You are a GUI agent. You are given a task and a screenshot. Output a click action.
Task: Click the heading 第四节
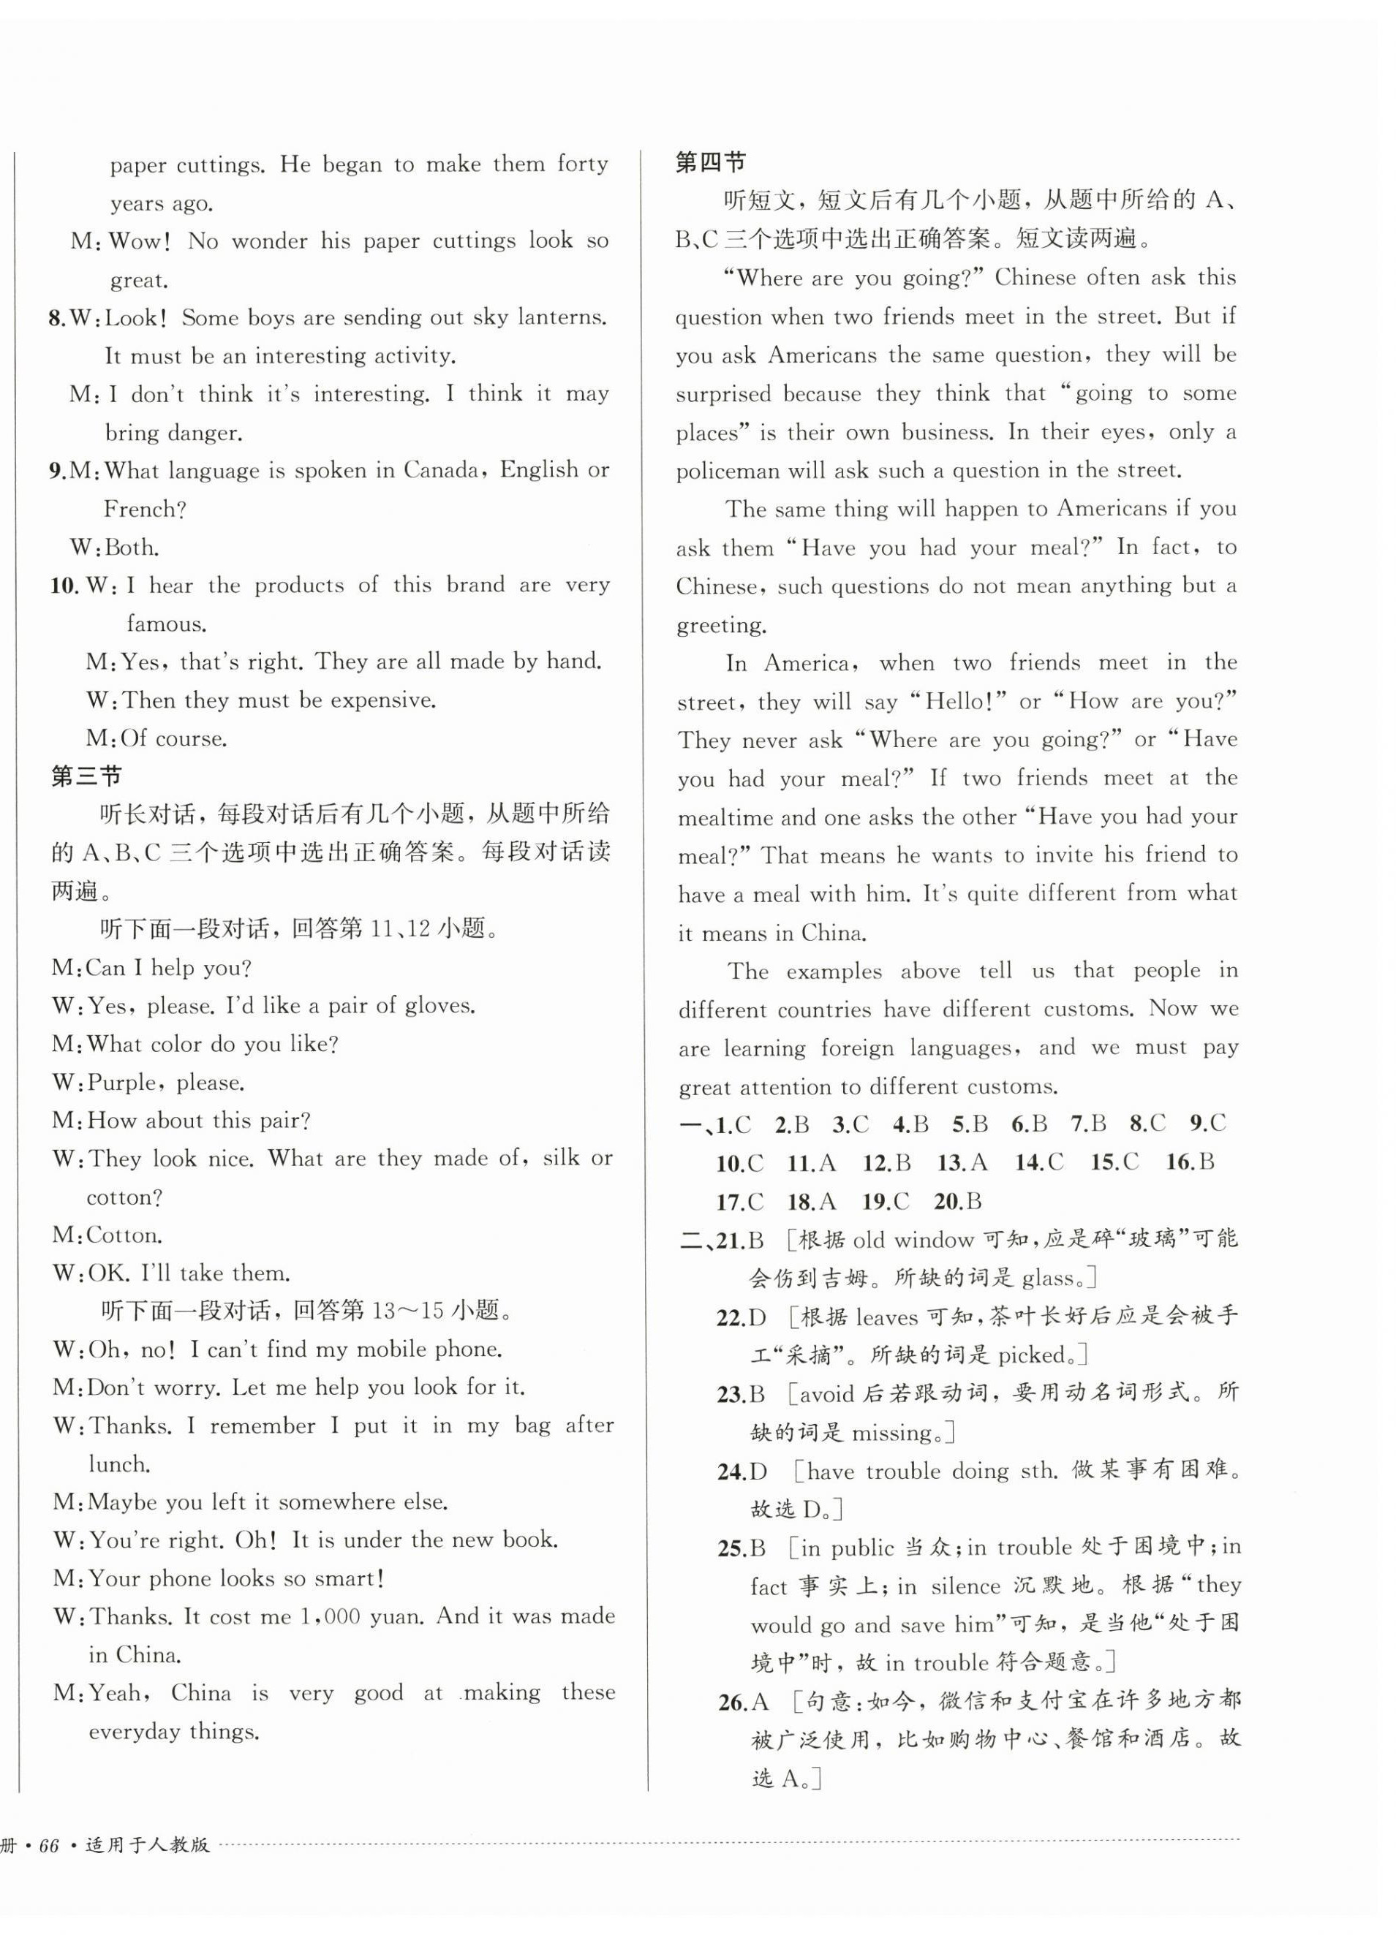(710, 162)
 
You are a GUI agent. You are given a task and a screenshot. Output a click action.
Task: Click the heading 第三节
(86, 776)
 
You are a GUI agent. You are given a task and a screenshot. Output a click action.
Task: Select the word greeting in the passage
(721, 625)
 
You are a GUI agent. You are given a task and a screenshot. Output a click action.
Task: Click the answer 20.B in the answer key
(957, 1201)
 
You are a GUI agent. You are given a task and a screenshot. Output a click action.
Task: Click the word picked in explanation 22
(1033, 1355)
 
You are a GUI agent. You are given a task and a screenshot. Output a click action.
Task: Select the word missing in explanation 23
(891, 1433)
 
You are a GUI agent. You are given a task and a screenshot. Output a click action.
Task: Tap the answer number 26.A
(742, 1702)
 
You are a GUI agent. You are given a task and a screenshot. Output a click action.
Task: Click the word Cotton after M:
(123, 1235)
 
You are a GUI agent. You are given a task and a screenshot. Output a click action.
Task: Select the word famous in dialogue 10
(167, 624)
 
